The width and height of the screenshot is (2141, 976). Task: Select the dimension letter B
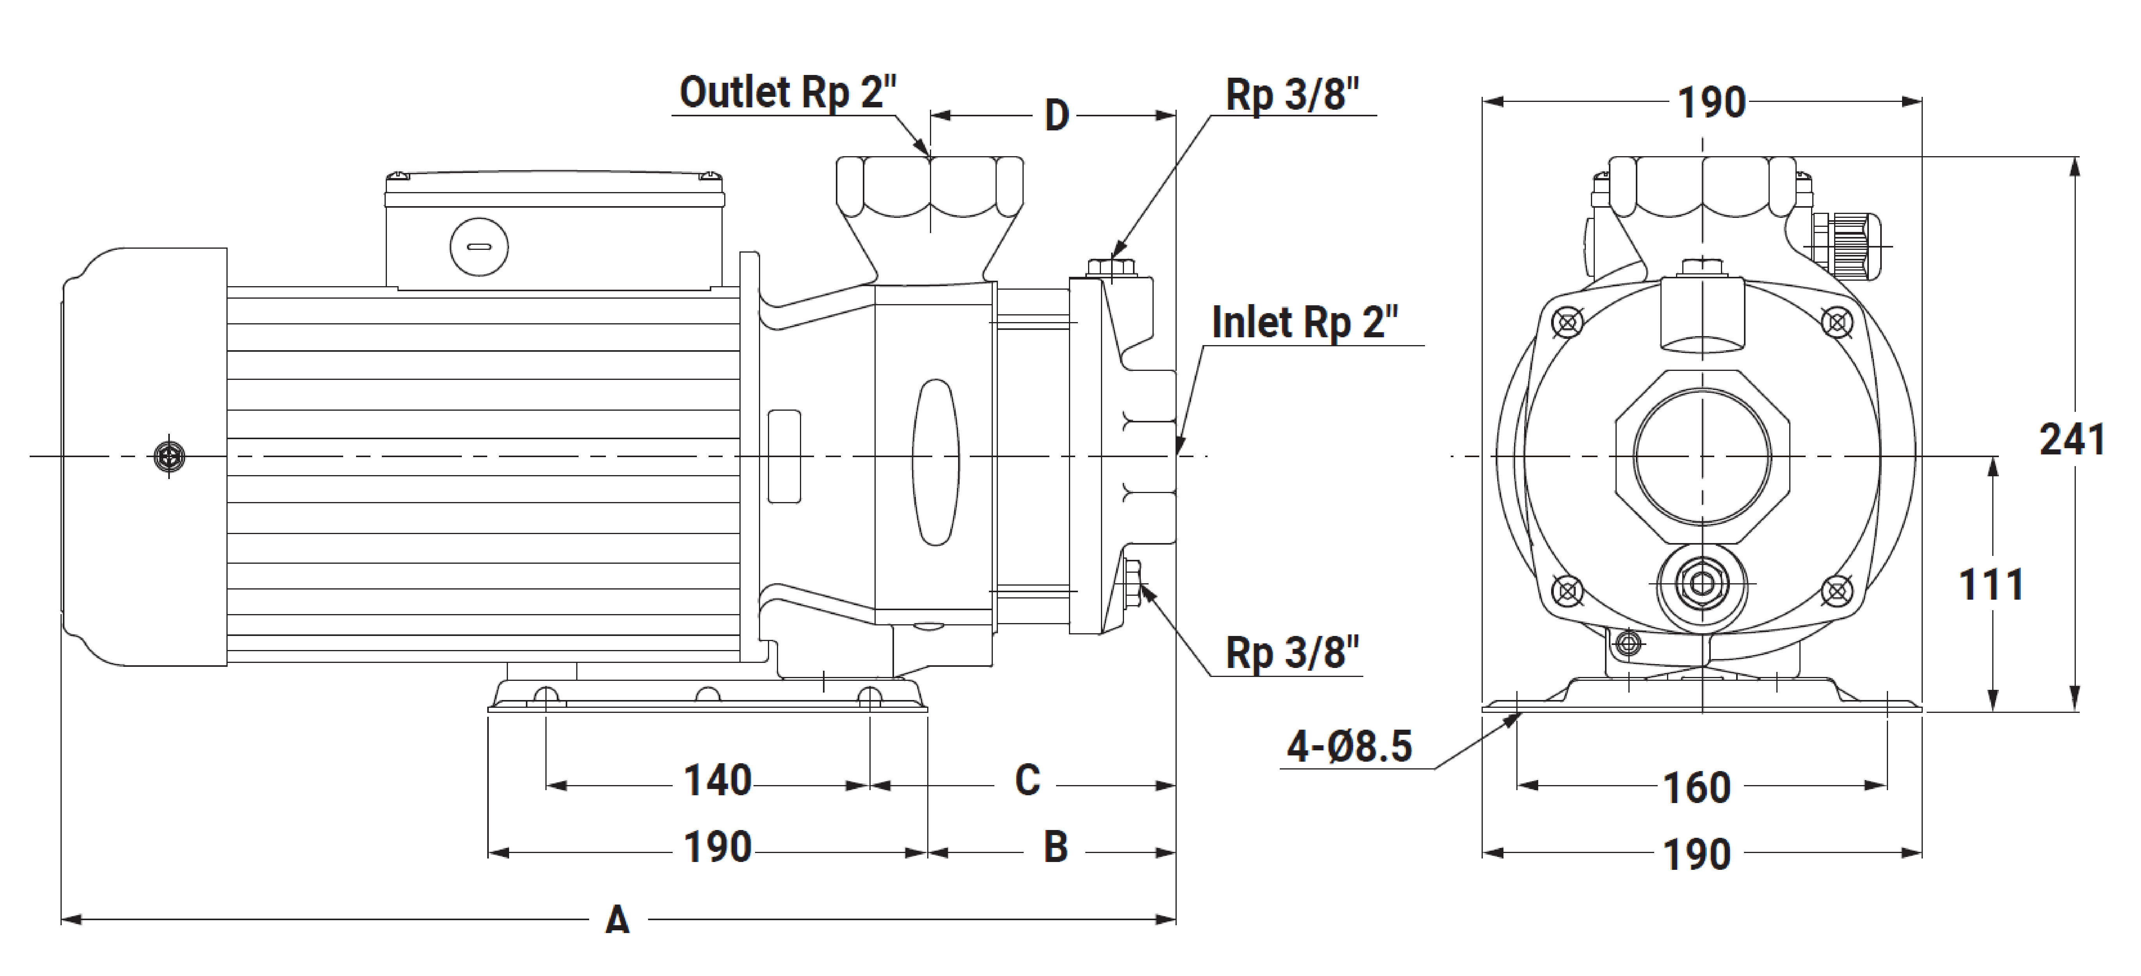point(1055,848)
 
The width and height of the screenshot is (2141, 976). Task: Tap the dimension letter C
point(1027,781)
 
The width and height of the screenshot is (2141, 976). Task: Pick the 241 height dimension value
point(2072,440)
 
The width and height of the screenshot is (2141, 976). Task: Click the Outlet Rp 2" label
point(788,92)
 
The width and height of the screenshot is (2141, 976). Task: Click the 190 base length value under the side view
point(717,848)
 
